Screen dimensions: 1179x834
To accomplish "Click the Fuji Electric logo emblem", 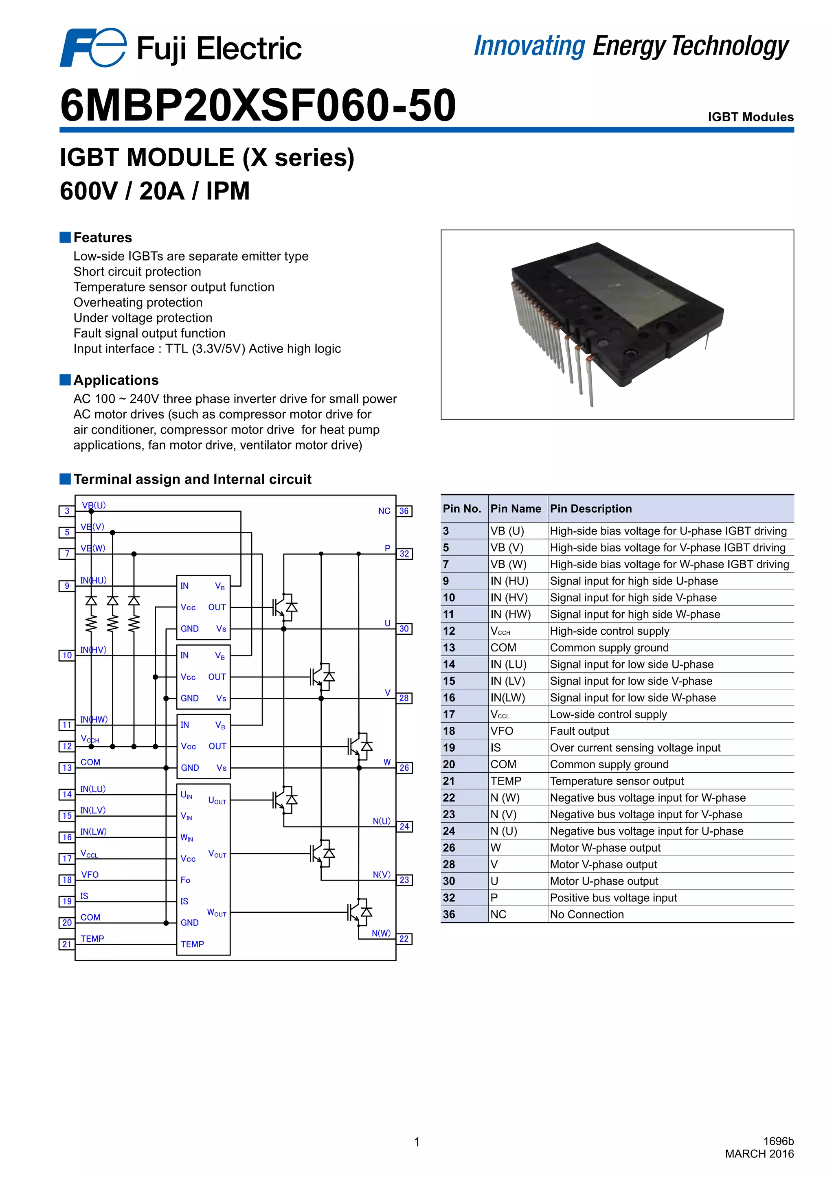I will (92, 47).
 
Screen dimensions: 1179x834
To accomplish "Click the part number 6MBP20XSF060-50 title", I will (258, 105).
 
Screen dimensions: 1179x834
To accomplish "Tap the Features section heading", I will (102, 237).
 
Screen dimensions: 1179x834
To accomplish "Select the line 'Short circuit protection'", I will (137, 272).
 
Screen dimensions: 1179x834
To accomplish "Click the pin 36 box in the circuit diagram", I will (404, 511).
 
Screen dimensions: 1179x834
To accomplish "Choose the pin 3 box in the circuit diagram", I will (67, 511).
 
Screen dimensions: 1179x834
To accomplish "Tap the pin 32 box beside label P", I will (404, 554).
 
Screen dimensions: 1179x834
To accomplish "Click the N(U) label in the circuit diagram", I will (382, 821).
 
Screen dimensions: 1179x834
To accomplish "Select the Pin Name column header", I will (516, 508).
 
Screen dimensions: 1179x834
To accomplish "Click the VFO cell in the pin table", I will (502, 731).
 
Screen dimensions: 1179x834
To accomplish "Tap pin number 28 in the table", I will (449, 864).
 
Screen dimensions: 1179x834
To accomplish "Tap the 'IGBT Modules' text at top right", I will (750, 117).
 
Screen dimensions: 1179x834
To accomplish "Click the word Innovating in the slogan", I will (529, 46).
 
